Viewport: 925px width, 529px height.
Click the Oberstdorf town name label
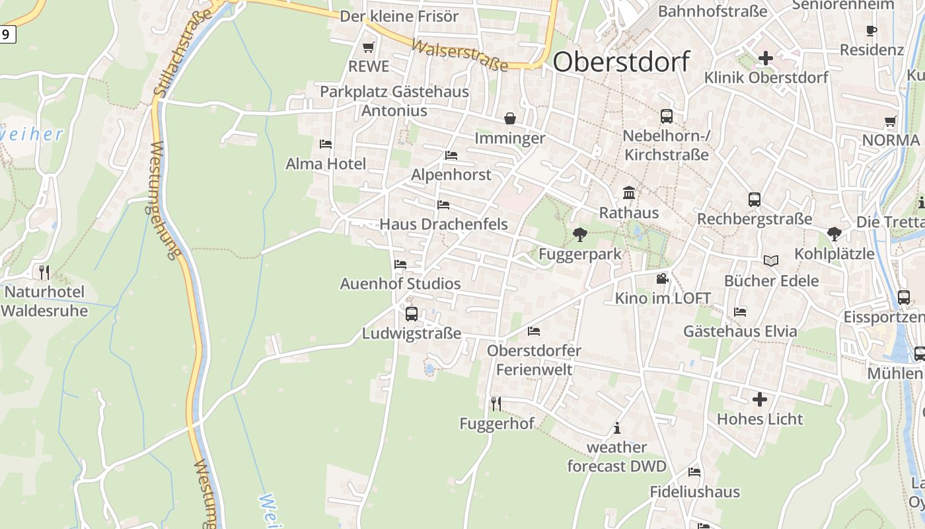pos(621,61)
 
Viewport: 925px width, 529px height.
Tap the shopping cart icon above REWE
pos(369,47)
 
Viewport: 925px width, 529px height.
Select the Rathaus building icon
pos(629,192)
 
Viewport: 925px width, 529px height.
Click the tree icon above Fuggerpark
pos(580,234)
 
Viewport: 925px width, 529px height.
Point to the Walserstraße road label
pos(460,55)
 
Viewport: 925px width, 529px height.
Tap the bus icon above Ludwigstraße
pos(411,314)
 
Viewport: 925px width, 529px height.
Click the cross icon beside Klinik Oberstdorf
pos(766,58)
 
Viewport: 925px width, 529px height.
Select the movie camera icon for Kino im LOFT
pos(662,278)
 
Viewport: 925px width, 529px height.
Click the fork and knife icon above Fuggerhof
pos(496,403)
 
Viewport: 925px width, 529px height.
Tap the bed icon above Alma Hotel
pos(325,143)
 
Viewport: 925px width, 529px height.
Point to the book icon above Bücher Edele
pos(770,261)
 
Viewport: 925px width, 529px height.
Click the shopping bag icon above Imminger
pos(510,118)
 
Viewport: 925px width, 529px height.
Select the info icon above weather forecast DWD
pos(617,428)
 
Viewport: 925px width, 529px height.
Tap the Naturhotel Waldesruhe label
pos(44,301)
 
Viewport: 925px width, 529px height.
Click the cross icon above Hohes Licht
pos(760,399)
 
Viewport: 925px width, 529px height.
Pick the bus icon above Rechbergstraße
pos(754,199)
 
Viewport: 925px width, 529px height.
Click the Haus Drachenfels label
pos(443,224)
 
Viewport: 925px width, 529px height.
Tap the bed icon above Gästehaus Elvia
pos(740,311)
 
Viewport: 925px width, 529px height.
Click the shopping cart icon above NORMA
pos(890,121)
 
